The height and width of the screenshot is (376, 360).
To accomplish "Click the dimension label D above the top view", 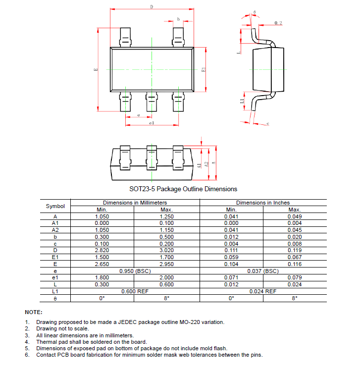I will [x=152, y=6].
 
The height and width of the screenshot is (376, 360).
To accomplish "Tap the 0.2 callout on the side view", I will [x=278, y=23].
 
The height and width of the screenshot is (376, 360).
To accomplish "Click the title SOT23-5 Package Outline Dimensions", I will [x=183, y=189].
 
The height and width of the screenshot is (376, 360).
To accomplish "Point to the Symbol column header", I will [x=55, y=206].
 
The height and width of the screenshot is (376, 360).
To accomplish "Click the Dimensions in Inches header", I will [x=263, y=203].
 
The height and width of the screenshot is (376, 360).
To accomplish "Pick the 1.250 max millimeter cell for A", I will [x=167, y=216].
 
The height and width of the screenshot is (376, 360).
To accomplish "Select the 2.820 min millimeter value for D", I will [x=102, y=250].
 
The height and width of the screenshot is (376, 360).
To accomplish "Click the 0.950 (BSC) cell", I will [x=135, y=271].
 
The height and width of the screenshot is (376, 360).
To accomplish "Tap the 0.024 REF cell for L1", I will [x=263, y=291].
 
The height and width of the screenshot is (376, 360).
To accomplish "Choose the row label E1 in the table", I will [x=55, y=257].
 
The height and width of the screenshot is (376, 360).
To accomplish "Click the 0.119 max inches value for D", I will [x=295, y=250].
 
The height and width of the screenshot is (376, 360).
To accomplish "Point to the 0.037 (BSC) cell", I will [x=263, y=271].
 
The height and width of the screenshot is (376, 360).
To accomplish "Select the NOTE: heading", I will [x=34, y=312].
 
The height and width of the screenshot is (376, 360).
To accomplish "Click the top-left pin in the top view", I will [x=126, y=38].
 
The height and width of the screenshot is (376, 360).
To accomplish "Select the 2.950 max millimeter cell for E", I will [x=167, y=264].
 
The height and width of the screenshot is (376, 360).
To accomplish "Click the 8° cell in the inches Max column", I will [x=295, y=298].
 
